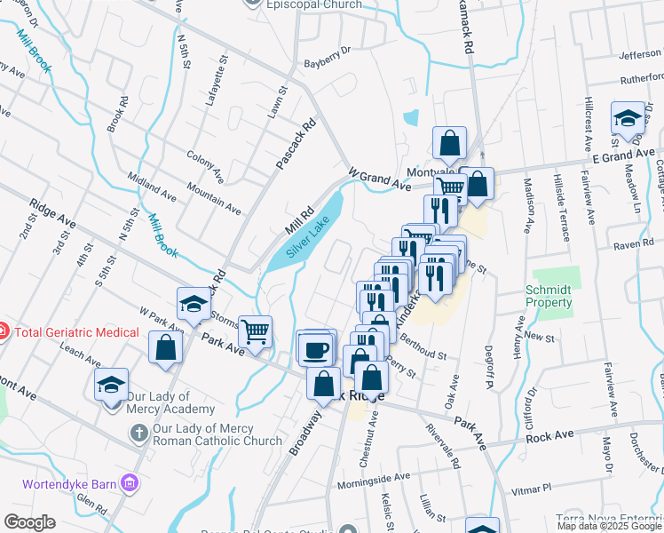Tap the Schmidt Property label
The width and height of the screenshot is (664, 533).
[x=549, y=296]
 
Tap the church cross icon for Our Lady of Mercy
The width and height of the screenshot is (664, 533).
[x=138, y=433]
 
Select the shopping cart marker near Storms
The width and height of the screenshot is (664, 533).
[x=255, y=331]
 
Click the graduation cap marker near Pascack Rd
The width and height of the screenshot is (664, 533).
[x=193, y=304]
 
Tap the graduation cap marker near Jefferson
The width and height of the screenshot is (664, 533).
[x=627, y=118]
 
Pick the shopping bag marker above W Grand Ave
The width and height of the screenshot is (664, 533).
[x=449, y=142]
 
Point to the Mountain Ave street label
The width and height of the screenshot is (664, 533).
[x=214, y=199]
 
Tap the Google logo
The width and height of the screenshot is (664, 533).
[x=30, y=522]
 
